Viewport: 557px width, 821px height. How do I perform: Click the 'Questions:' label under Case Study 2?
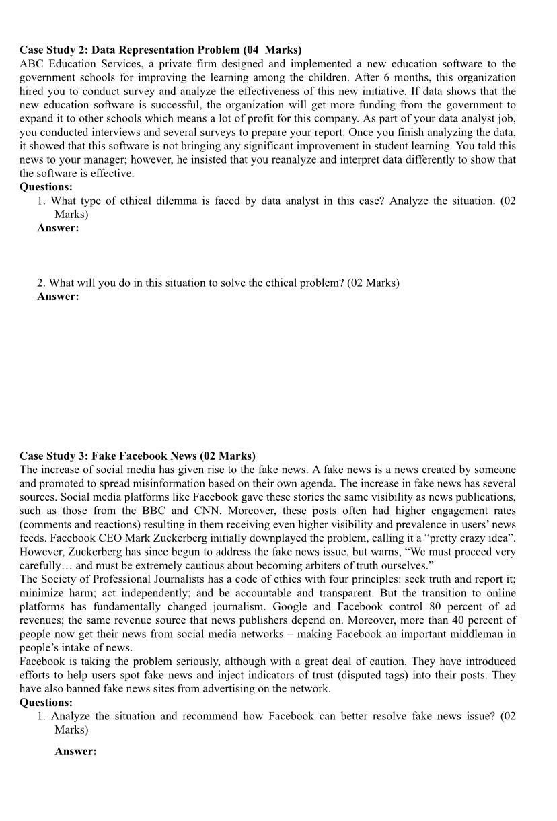(46, 186)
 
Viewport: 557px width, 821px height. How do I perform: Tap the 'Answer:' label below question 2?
(58, 296)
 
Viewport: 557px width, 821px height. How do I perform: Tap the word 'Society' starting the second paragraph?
(60, 579)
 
